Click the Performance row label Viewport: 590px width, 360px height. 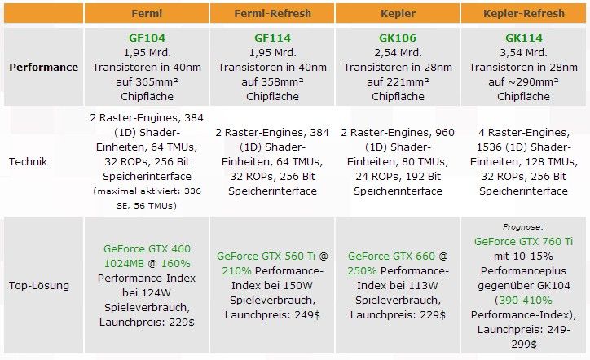(44, 67)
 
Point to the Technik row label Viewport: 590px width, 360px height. (28, 161)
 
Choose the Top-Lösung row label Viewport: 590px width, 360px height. (38, 286)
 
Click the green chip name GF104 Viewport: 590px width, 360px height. (147, 38)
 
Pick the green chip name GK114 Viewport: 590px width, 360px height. (523, 38)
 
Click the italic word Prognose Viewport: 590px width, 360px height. (523, 229)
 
